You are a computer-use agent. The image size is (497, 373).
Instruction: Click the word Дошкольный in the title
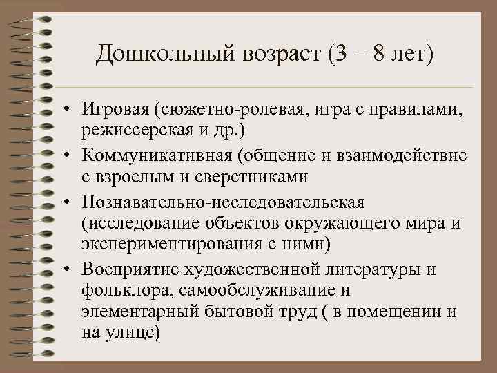154,54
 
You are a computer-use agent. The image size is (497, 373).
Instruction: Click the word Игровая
115,109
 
